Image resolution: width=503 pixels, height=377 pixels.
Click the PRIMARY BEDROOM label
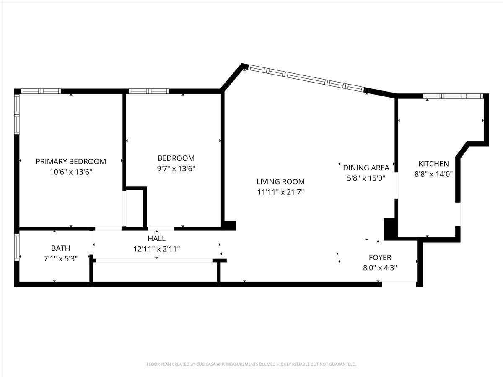(x=71, y=161)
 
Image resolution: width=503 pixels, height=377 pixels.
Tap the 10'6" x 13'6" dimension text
(x=71, y=172)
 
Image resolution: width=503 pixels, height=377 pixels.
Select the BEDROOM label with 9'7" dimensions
(x=176, y=158)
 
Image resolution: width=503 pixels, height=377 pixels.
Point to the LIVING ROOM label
(x=280, y=182)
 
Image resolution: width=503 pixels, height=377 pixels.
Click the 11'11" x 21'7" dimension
(x=280, y=192)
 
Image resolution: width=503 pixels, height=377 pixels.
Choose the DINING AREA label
(x=366, y=168)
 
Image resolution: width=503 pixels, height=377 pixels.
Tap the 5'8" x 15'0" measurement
(x=366, y=178)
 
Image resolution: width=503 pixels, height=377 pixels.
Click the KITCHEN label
(x=433, y=164)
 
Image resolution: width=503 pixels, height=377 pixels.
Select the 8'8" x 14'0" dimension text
(x=433, y=174)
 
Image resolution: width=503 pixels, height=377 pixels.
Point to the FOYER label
(x=380, y=257)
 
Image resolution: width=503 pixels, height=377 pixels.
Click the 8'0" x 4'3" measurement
(x=380, y=268)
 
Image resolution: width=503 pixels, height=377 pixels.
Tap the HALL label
(x=156, y=238)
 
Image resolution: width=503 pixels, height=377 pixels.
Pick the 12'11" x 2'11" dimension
(x=156, y=249)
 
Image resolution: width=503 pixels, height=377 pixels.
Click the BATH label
(x=61, y=248)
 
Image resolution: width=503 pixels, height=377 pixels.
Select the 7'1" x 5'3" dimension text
(x=61, y=259)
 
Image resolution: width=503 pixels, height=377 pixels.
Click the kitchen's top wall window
(x=453, y=96)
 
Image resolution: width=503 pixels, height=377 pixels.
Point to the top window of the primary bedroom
(x=41, y=91)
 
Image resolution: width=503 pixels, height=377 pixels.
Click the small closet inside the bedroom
(x=135, y=207)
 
